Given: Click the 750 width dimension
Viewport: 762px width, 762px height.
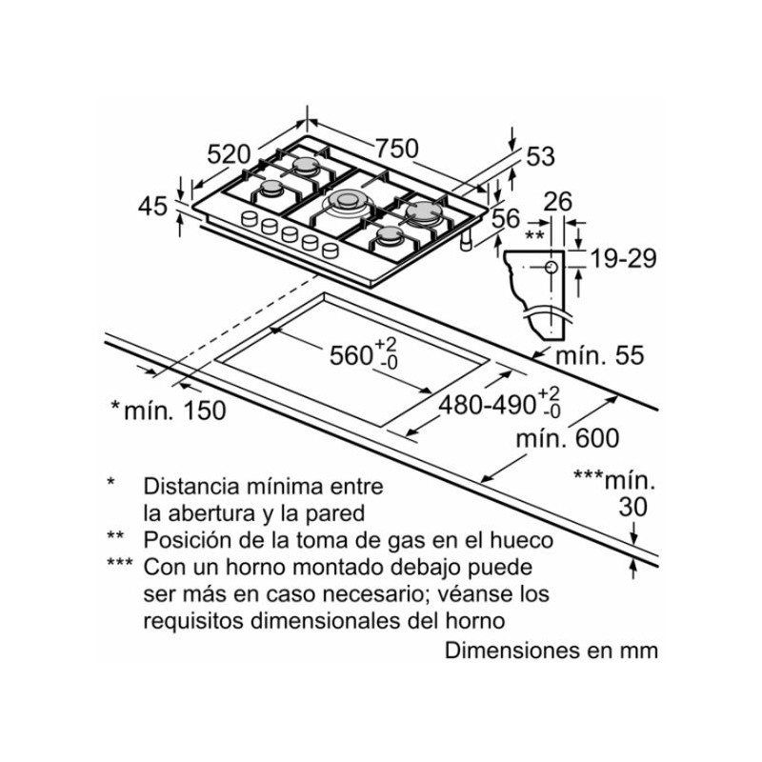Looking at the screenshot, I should (x=396, y=149).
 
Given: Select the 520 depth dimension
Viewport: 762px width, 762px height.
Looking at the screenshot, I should (x=230, y=154).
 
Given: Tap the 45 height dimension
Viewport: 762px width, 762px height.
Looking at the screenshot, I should (x=152, y=206).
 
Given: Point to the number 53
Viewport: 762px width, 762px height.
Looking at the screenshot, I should (x=540, y=157).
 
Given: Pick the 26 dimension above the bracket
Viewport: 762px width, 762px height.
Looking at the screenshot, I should (x=558, y=201).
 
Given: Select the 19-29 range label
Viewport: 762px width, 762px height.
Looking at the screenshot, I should (x=623, y=258).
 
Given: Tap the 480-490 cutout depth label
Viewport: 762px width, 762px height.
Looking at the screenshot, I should (x=487, y=404).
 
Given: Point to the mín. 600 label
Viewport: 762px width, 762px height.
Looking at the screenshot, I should (x=567, y=438).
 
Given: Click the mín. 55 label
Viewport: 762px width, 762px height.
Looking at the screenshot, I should (x=600, y=356).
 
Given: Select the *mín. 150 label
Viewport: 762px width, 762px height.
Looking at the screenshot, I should (x=169, y=411).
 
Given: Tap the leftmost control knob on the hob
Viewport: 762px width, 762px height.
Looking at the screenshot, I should (x=251, y=220).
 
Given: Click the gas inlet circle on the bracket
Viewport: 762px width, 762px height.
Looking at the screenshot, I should (x=551, y=269).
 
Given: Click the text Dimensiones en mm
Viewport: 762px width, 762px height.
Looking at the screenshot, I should (x=551, y=652).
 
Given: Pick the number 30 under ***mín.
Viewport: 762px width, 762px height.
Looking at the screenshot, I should (x=632, y=508).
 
